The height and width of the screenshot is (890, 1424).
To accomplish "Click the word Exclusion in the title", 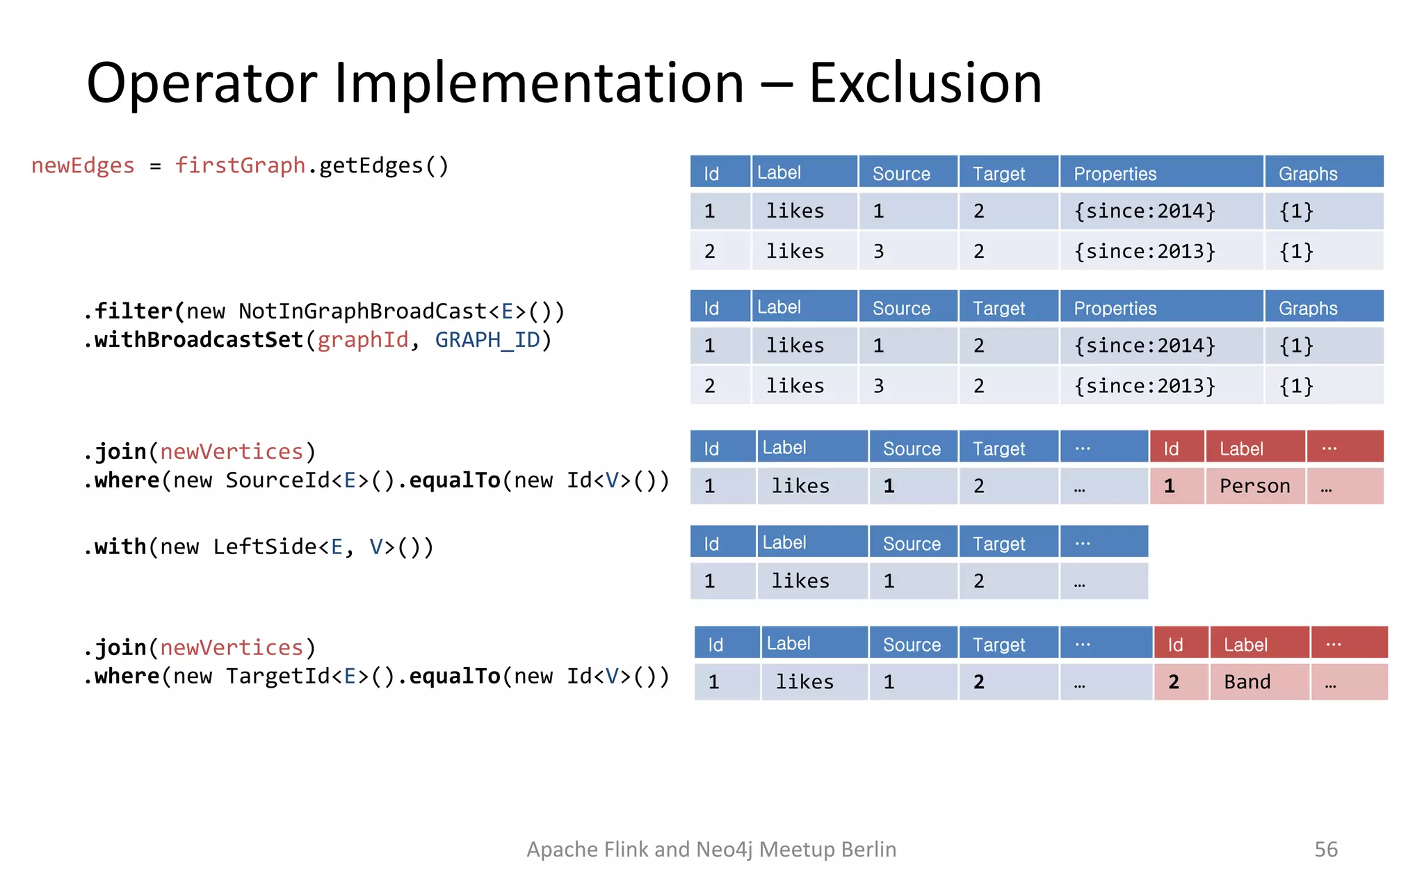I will point(925,83).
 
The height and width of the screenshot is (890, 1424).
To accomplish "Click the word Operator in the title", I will point(202,83).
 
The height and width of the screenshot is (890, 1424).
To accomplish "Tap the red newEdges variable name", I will point(83,165).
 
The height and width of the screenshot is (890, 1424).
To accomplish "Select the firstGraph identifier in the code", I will point(240,165).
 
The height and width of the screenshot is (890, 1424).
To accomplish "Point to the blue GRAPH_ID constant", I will point(487,340).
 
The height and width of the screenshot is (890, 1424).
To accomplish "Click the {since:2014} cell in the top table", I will point(1144,211).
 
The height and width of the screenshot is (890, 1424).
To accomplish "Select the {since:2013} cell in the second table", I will point(1144,386).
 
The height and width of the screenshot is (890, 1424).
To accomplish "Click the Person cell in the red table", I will point(1254,486).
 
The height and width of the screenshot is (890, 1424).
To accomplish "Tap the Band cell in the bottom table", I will point(1247,682).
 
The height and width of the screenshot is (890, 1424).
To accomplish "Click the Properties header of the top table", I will point(1115,174).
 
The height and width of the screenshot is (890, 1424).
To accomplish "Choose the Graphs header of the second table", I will point(1308,308).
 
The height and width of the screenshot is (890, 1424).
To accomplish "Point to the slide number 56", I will point(1325,849).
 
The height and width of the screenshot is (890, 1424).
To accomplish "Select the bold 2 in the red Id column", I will point(1174,682).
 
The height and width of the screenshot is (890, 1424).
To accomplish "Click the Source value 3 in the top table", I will point(879,252).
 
